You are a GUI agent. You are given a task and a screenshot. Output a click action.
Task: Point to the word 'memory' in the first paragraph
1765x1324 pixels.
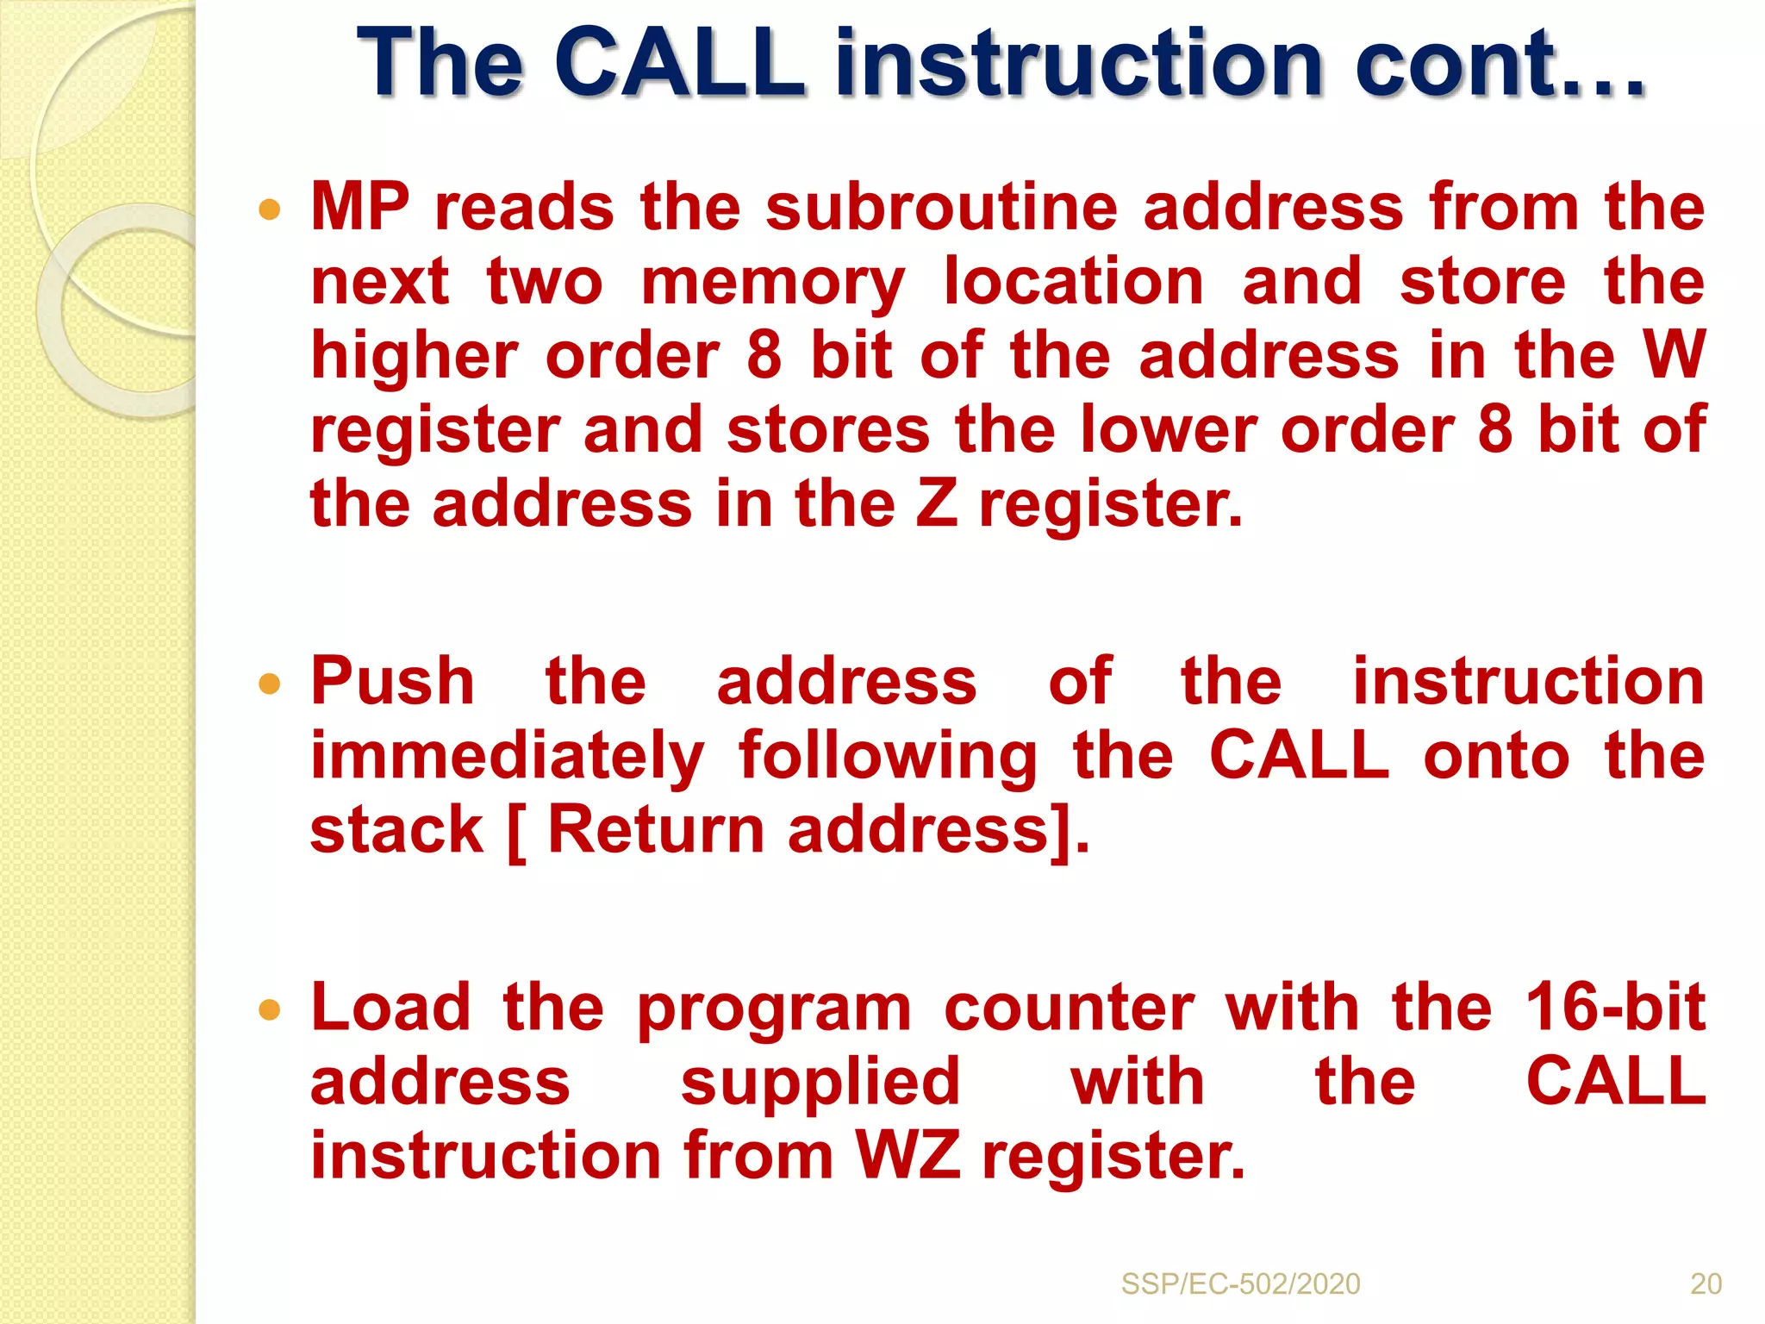[x=773, y=283]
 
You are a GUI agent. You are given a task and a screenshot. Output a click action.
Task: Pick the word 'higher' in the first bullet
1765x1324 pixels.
[x=414, y=357]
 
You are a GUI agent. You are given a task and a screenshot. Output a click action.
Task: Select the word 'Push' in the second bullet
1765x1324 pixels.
[x=392, y=681]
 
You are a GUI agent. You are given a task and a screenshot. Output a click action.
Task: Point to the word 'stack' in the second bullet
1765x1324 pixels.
[x=396, y=829]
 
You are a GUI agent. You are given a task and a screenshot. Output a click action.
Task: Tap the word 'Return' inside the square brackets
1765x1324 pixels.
[x=656, y=829]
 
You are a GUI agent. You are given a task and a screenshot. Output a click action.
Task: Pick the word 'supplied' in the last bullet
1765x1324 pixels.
[x=820, y=1083]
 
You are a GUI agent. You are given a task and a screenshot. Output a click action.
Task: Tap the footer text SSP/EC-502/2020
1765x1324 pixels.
[x=1240, y=1283]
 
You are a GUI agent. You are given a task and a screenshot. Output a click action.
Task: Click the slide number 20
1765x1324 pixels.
[x=1706, y=1283]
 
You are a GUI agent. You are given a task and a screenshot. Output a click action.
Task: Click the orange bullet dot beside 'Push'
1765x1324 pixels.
[x=270, y=684]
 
